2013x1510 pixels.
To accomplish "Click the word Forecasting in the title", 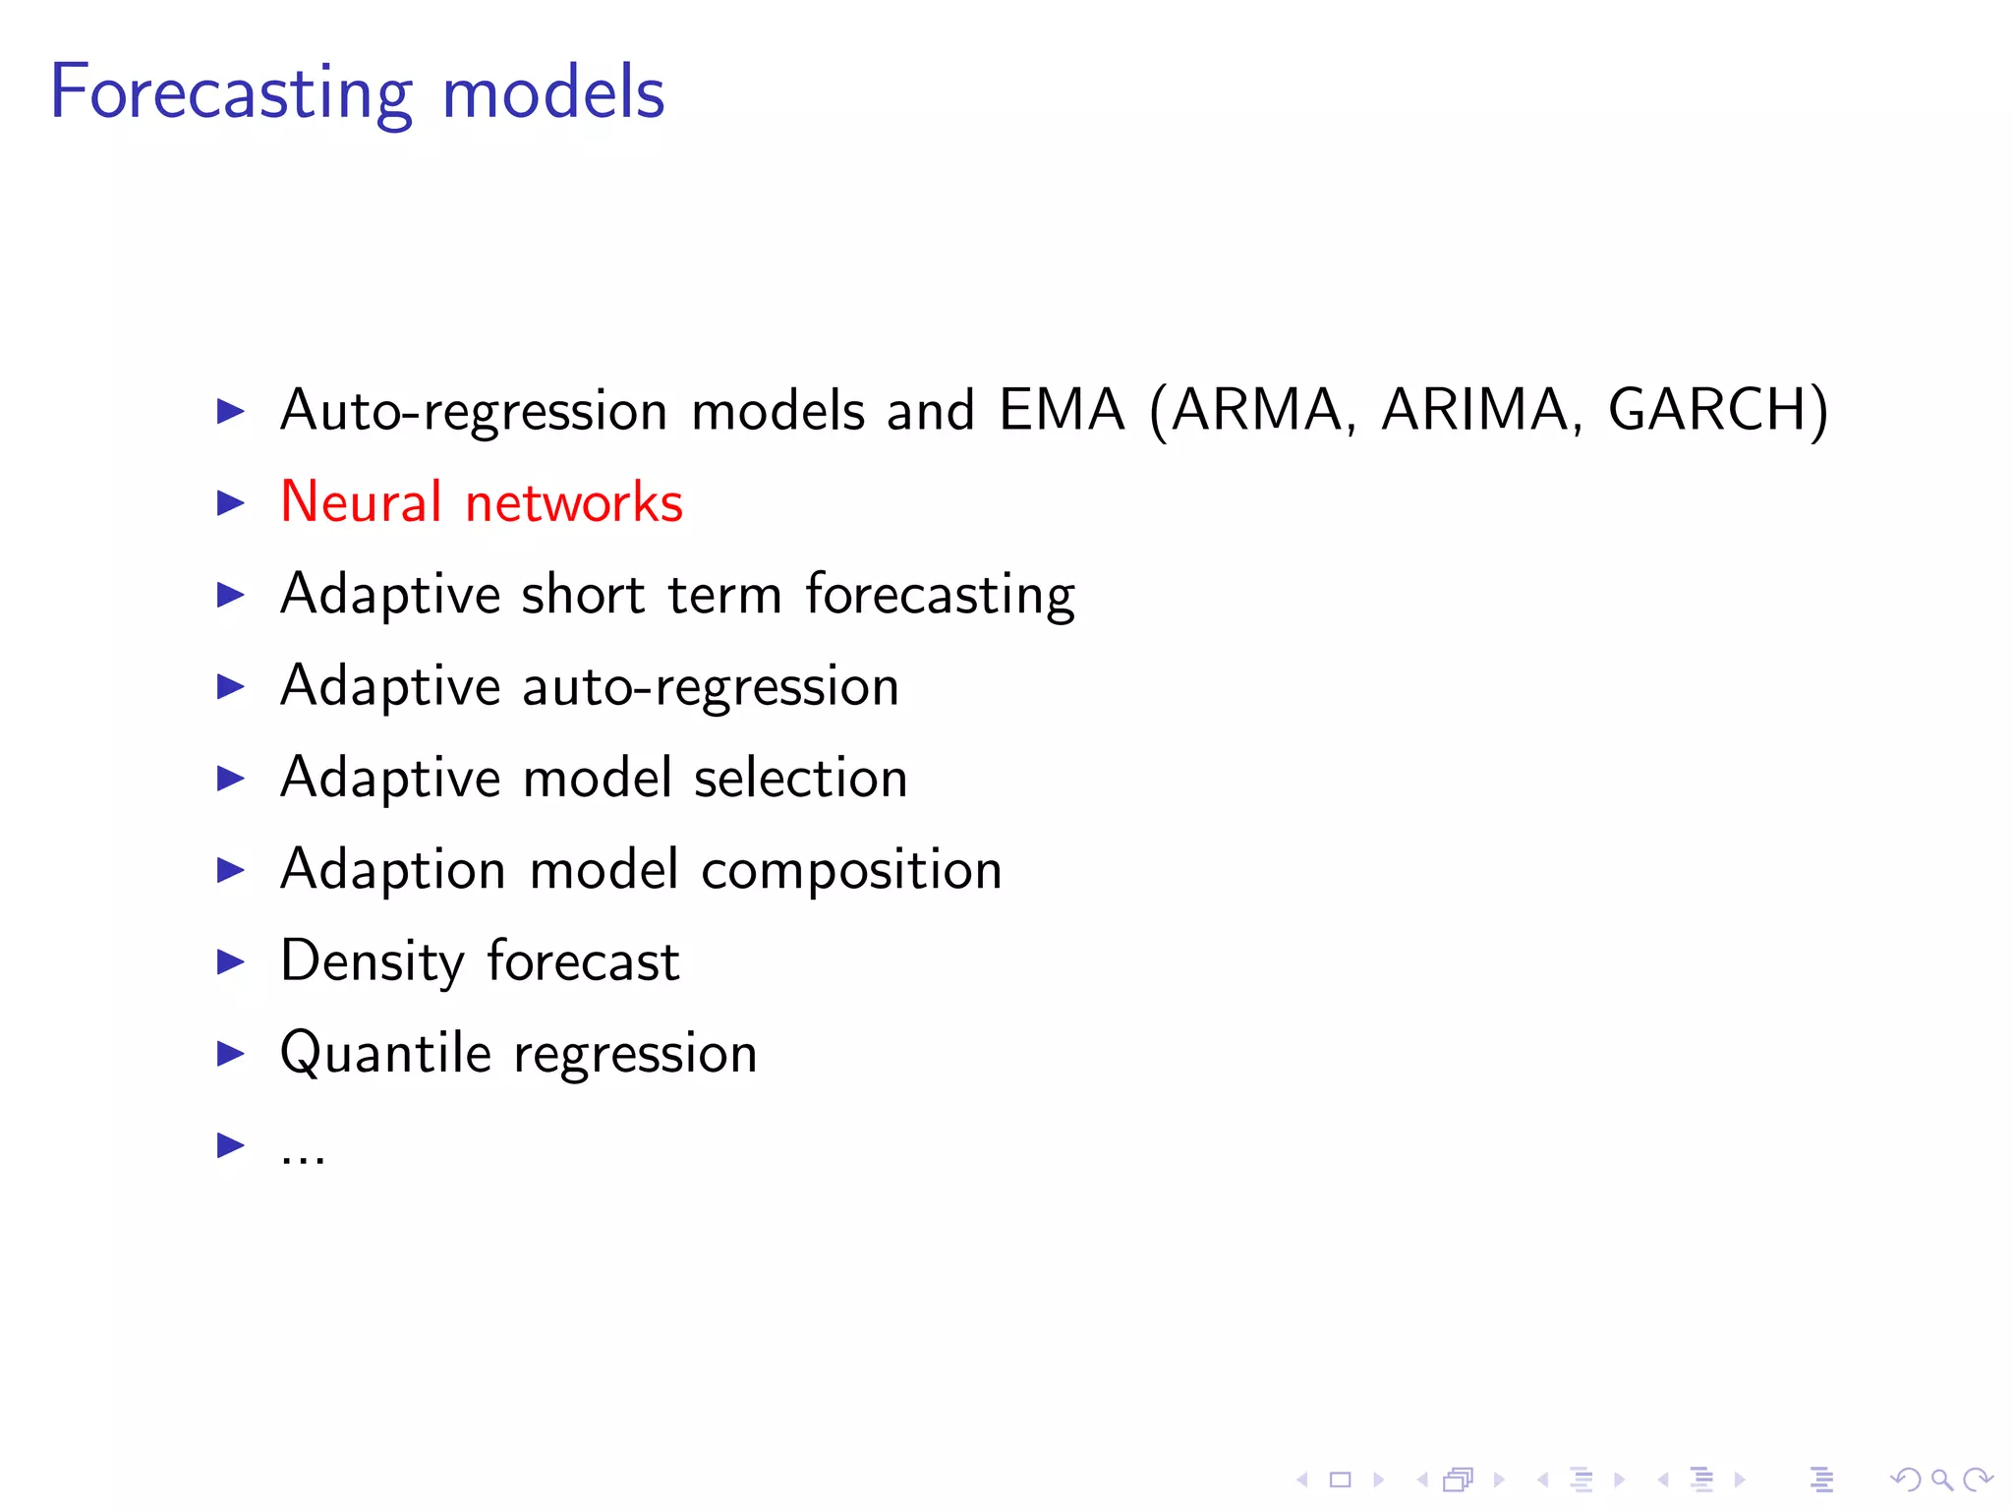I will tap(231, 93).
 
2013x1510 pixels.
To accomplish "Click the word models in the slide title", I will tap(553, 93).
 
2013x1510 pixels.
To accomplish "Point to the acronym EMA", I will tap(1062, 409).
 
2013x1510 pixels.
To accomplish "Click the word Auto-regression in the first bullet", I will tap(474, 411).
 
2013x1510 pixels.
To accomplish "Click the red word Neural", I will tap(361, 501).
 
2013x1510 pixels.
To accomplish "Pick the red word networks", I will tap(574, 502).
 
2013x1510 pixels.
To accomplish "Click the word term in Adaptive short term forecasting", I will tap(724, 594).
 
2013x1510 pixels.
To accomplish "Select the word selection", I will tap(800, 778).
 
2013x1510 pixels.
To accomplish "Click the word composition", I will tap(851, 871).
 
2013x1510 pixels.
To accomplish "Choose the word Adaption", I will tap(392, 871).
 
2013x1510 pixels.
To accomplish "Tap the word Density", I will tap(372, 961).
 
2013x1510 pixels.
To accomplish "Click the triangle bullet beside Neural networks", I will tap(230, 502).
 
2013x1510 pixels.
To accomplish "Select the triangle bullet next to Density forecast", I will tap(230, 961).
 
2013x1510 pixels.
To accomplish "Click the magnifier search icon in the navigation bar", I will tap(1941, 1480).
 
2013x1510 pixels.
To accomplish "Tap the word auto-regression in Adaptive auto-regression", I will tap(711, 686).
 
